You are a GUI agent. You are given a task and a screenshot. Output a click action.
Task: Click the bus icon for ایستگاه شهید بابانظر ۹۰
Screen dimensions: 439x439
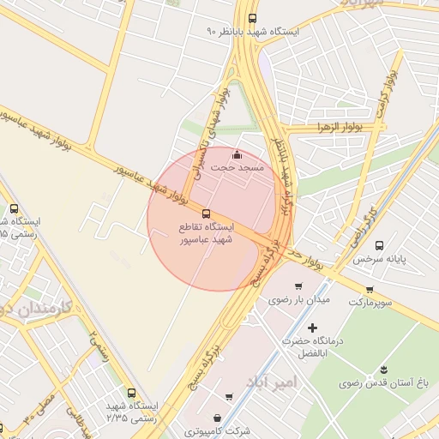tap(251, 18)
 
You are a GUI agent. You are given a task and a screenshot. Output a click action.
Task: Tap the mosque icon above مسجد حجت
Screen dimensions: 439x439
tap(238, 155)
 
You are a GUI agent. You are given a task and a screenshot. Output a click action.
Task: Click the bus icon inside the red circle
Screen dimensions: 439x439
tap(205, 213)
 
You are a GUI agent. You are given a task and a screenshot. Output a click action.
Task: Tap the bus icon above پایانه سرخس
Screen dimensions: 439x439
tap(380, 245)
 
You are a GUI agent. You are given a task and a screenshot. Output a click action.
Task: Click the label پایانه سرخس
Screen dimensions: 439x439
tap(381, 258)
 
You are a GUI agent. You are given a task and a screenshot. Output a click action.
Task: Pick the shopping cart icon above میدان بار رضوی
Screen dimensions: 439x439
tap(298, 286)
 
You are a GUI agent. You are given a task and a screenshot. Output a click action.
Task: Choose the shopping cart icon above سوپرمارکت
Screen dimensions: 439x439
tap(370, 290)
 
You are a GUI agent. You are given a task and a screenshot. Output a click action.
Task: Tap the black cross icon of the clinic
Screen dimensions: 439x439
tap(311, 328)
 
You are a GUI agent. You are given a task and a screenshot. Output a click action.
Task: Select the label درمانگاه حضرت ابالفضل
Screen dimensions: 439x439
tap(312, 346)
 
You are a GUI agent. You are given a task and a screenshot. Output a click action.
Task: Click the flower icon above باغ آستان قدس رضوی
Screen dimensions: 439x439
tap(380, 371)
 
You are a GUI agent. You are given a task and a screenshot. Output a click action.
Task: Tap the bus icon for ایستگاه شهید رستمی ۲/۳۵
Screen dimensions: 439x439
tap(130, 391)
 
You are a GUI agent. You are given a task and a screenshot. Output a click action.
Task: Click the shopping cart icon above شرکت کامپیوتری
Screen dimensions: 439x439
tap(229, 396)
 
